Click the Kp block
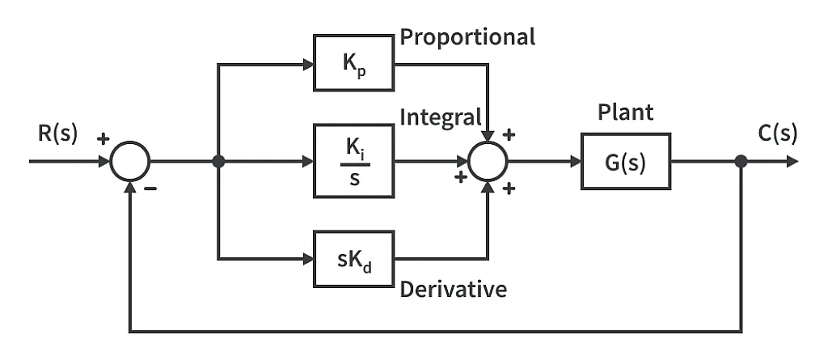pyautogui.click(x=354, y=62)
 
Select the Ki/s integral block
pyautogui.click(x=354, y=161)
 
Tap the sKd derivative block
pyautogui.click(x=354, y=259)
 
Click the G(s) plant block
pyautogui.click(x=625, y=161)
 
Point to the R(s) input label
pyautogui.click(x=57, y=133)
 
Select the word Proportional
pyautogui.click(x=467, y=37)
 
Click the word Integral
pyautogui.click(x=441, y=116)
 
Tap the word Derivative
pyautogui.click(x=454, y=289)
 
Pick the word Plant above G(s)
pyautogui.click(x=625, y=112)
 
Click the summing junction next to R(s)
pyautogui.click(x=129, y=161)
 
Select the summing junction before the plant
pyautogui.click(x=488, y=161)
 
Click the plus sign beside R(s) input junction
pyautogui.click(x=103, y=138)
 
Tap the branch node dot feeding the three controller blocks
pyautogui.click(x=218, y=161)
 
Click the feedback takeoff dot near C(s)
pyautogui.click(x=741, y=161)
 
